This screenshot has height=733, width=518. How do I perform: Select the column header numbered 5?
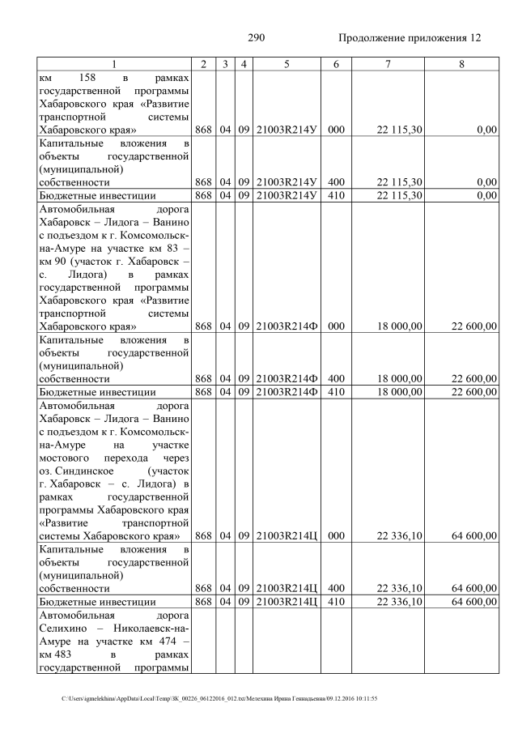pos(286,64)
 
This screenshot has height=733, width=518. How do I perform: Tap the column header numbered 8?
pos(461,64)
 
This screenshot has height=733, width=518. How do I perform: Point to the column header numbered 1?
pos(114,64)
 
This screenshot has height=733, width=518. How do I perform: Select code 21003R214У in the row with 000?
pos(286,130)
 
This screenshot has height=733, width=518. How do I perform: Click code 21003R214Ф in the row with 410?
pos(286,392)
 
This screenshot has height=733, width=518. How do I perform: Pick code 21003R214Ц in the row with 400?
pos(286,588)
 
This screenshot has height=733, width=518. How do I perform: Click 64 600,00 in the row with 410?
pos(473,602)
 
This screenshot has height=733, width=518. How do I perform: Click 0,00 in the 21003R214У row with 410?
pos(486,195)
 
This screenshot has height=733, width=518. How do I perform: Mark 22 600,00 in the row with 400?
pos(473,378)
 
